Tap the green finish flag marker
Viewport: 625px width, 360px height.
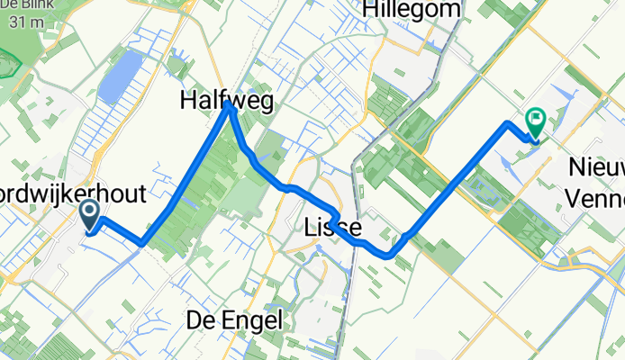[x=536, y=120]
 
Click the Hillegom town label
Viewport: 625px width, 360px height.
[x=412, y=11]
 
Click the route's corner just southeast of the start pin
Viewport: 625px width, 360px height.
[x=142, y=243]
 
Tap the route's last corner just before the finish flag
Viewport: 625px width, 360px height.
[x=509, y=122]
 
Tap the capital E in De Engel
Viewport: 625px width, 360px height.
[x=230, y=319]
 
